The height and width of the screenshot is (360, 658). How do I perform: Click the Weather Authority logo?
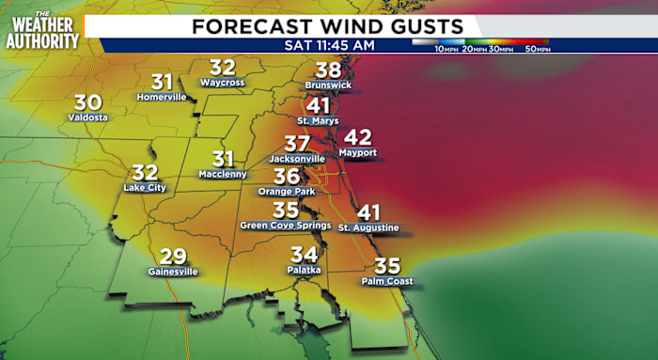[x=41, y=30]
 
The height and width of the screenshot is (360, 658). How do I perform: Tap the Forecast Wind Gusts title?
[x=328, y=25]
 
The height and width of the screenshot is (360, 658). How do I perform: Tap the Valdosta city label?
[x=88, y=117]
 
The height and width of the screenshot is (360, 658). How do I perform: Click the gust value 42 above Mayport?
[x=358, y=136]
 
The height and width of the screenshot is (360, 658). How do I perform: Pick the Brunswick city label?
[x=327, y=85]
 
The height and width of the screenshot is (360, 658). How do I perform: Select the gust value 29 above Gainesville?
[x=173, y=256]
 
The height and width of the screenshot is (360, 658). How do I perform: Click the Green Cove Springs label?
[x=285, y=226]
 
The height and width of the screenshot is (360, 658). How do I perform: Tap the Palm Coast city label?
[x=386, y=280]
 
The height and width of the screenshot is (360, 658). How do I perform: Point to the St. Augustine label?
[x=368, y=227]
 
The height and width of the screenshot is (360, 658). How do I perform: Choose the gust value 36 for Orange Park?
[x=287, y=177]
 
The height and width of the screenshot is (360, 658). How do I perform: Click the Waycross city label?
[x=223, y=83]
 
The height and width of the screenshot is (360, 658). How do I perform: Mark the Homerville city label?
[x=163, y=97]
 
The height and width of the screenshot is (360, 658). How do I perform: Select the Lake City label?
[x=145, y=188]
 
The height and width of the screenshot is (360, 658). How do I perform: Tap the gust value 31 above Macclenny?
[x=223, y=159]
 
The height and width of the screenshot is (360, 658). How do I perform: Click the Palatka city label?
[x=304, y=270]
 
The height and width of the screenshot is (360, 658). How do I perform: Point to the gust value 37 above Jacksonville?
[x=297, y=144]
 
